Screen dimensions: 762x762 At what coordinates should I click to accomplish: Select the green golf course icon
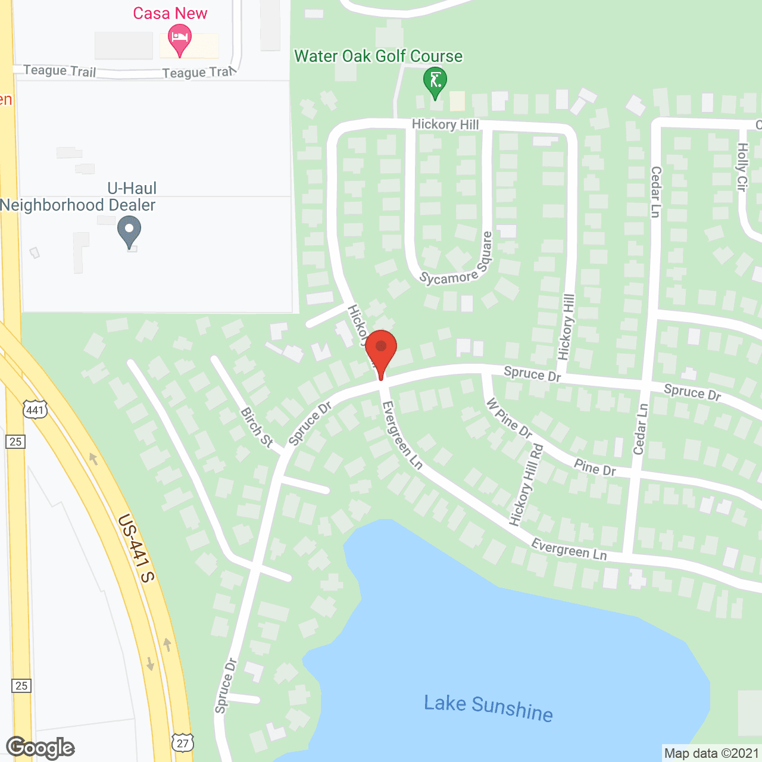pyautogui.click(x=435, y=82)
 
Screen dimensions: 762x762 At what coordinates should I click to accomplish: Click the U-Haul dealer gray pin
pyautogui.click(x=129, y=231)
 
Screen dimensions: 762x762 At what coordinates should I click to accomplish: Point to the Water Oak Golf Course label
pyautogui.click(x=378, y=56)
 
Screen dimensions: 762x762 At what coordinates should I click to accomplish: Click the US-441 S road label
pyautogui.click(x=136, y=548)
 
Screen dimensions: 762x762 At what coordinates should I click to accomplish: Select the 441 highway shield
pyautogui.click(x=35, y=410)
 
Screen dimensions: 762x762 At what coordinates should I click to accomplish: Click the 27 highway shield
pyautogui.click(x=183, y=742)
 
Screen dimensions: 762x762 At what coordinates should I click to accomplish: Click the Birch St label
pyautogui.click(x=257, y=427)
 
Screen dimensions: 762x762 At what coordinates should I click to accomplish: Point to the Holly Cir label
pyautogui.click(x=742, y=167)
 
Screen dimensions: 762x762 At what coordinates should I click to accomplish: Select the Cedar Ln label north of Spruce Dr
pyautogui.click(x=655, y=192)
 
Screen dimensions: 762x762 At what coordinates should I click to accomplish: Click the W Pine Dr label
pyautogui.click(x=509, y=418)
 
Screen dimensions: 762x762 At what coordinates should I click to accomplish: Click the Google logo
pyautogui.click(x=40, y=748)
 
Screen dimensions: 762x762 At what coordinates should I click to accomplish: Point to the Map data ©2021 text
pyautogui.click(x=711, y=754)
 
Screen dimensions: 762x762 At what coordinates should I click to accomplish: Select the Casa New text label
pyautogui.click(x=170, y=13)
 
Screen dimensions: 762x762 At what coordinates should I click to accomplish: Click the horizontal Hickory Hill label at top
pyautogui.click(x=445, y=124)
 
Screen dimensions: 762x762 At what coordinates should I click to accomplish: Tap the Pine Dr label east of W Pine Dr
pyautogui.click(x=595, y=467)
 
